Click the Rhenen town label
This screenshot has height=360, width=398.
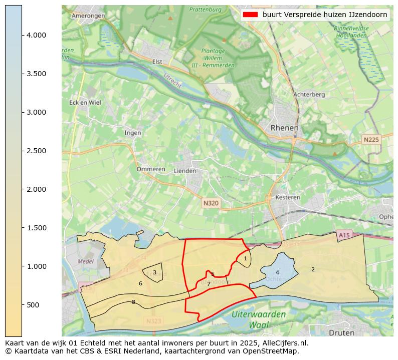coord(284,128)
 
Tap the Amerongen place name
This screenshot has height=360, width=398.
coord(88,16)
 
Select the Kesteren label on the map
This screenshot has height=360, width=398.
coord(288,197)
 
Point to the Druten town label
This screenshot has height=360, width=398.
coord(341,332)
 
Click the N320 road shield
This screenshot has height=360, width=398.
coord(211,203)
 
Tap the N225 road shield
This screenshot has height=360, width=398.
coord(371,140)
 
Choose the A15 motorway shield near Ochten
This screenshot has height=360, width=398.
coord(344,235)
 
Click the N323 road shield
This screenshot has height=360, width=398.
coord(154,320)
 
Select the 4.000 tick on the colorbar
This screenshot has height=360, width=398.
coord(37,35)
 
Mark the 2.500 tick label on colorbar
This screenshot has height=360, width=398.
coord(37,151)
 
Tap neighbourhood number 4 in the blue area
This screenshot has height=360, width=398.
coord(277,273)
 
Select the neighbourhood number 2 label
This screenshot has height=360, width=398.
coord(313,269)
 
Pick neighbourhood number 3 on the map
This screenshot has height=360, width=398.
coord(154,273)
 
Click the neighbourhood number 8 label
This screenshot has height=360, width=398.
coord(133,302)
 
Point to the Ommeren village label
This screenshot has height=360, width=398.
coord(151,169)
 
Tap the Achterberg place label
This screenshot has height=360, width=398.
coord(309,94)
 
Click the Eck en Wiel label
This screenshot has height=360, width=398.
coord(85,103)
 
